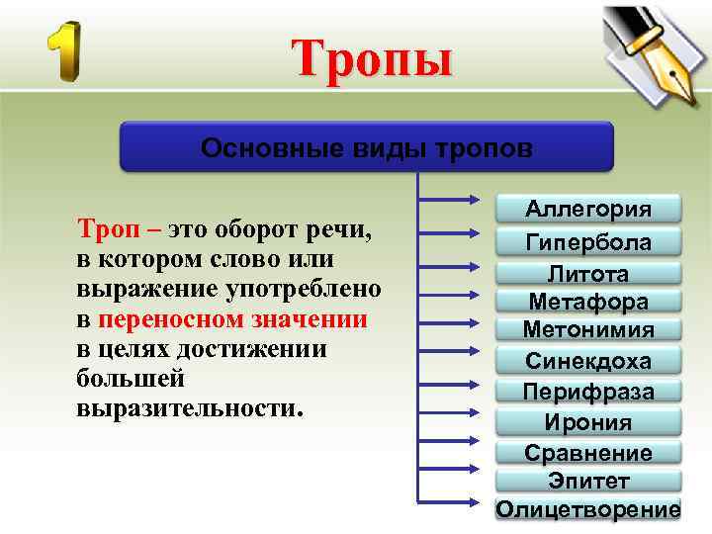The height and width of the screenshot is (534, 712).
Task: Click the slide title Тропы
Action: click(372, 58)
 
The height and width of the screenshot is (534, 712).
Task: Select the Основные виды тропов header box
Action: click(367, 147)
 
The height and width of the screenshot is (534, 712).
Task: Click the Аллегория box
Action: click(588, 209)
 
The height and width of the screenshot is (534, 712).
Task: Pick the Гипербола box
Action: click(588, 242)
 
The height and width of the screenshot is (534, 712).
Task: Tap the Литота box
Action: click(588, 273)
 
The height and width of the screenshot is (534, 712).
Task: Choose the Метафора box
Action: click(588, 301)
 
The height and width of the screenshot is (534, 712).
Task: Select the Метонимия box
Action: click(588, 328)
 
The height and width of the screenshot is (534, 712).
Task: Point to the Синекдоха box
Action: click(588, 360)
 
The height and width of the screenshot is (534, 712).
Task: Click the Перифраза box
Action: click(588, 392)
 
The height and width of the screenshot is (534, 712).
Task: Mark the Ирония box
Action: click(588, 422)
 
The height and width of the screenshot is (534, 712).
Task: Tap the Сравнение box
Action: click(588, 453)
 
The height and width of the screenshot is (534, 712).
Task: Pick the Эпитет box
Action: click(588, 481)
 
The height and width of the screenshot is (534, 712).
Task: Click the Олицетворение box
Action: click(588, 509)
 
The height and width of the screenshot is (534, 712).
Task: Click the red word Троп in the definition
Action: click(103, 230)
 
